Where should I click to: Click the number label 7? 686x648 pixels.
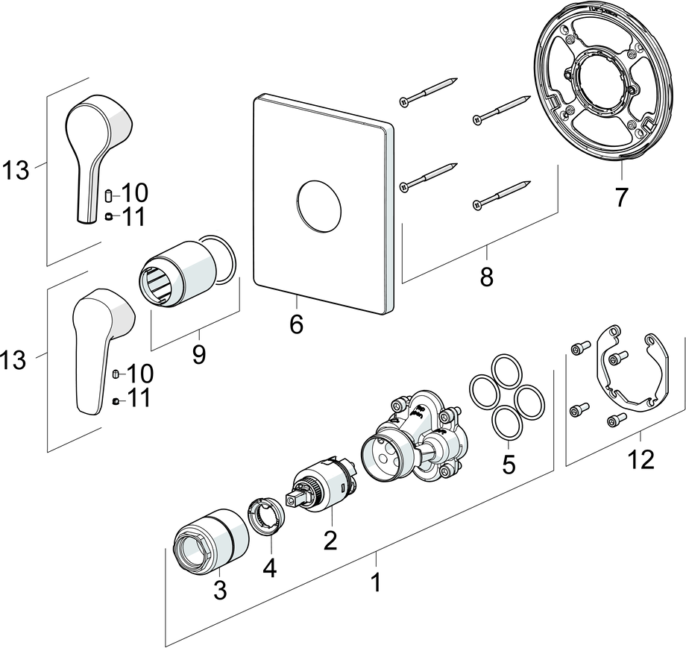621,197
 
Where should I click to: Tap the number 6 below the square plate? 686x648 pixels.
296,324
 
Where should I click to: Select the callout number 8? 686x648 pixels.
486,277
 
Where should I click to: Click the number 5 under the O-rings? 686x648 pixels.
509,464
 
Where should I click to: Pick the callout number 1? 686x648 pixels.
377,582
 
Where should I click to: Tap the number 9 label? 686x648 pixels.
198,355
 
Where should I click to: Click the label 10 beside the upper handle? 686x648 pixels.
134,193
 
